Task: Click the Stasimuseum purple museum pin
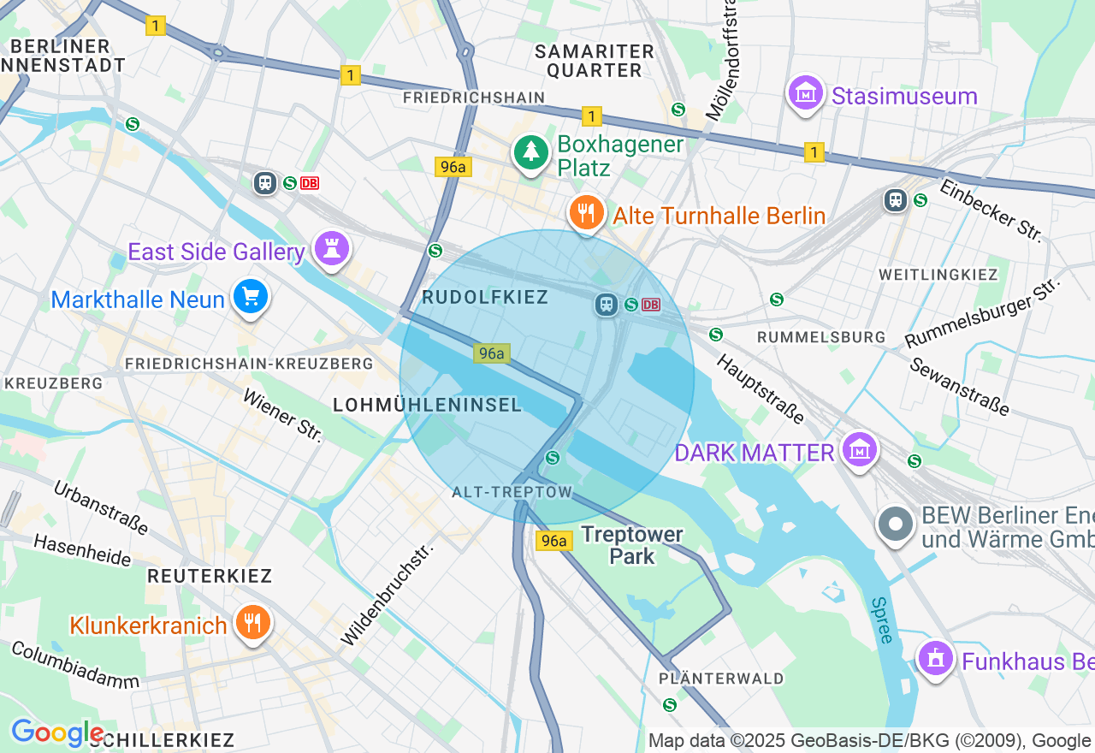(x=805, y=93)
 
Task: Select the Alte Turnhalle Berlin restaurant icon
(x=586, y=214)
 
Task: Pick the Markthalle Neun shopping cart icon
(x=251, y=297)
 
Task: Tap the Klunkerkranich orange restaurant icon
(x=252, y=623)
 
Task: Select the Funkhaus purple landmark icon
(x=935, y=659)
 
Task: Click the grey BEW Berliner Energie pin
(x=896, y=524)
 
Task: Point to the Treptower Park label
(x=632, y=545)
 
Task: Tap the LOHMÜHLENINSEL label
(x=427, y=406)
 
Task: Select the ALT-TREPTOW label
(x=512, y=492)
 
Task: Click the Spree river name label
(x=881, y=620)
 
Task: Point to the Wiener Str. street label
(x=283, y=416)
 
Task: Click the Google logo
(x=56, y=733)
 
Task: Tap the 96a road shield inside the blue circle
(x=492, y=353)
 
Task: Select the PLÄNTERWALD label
(x=721, y=679)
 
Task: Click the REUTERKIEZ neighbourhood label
(x=209, y=576)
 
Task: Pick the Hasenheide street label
(x=82, y=551)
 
